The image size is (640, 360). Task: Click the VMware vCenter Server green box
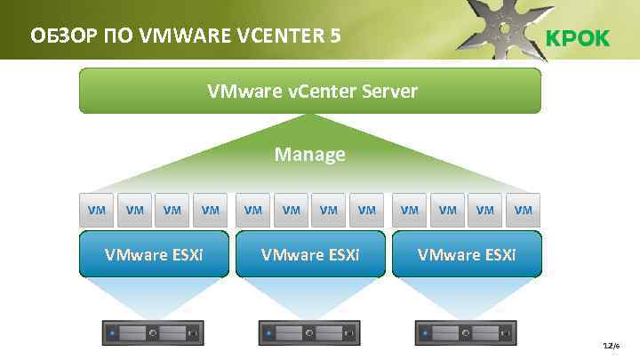(309, 91)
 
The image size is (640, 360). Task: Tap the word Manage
(309, 155)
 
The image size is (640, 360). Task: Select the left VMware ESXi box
(154, 254)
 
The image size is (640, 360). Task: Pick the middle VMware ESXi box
(310, 254)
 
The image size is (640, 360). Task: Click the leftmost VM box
(96, 210)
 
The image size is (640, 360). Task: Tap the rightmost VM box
(524, 210)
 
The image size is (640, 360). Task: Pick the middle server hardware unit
(310, 333)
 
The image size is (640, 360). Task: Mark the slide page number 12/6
(611, 345)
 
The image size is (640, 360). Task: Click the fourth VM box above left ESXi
(211, 210)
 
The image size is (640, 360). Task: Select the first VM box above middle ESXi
(253, 210)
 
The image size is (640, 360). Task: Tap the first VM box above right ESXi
(410, 210)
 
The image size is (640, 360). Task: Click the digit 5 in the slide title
(333, 36)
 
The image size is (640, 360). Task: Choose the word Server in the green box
(388, 91)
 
